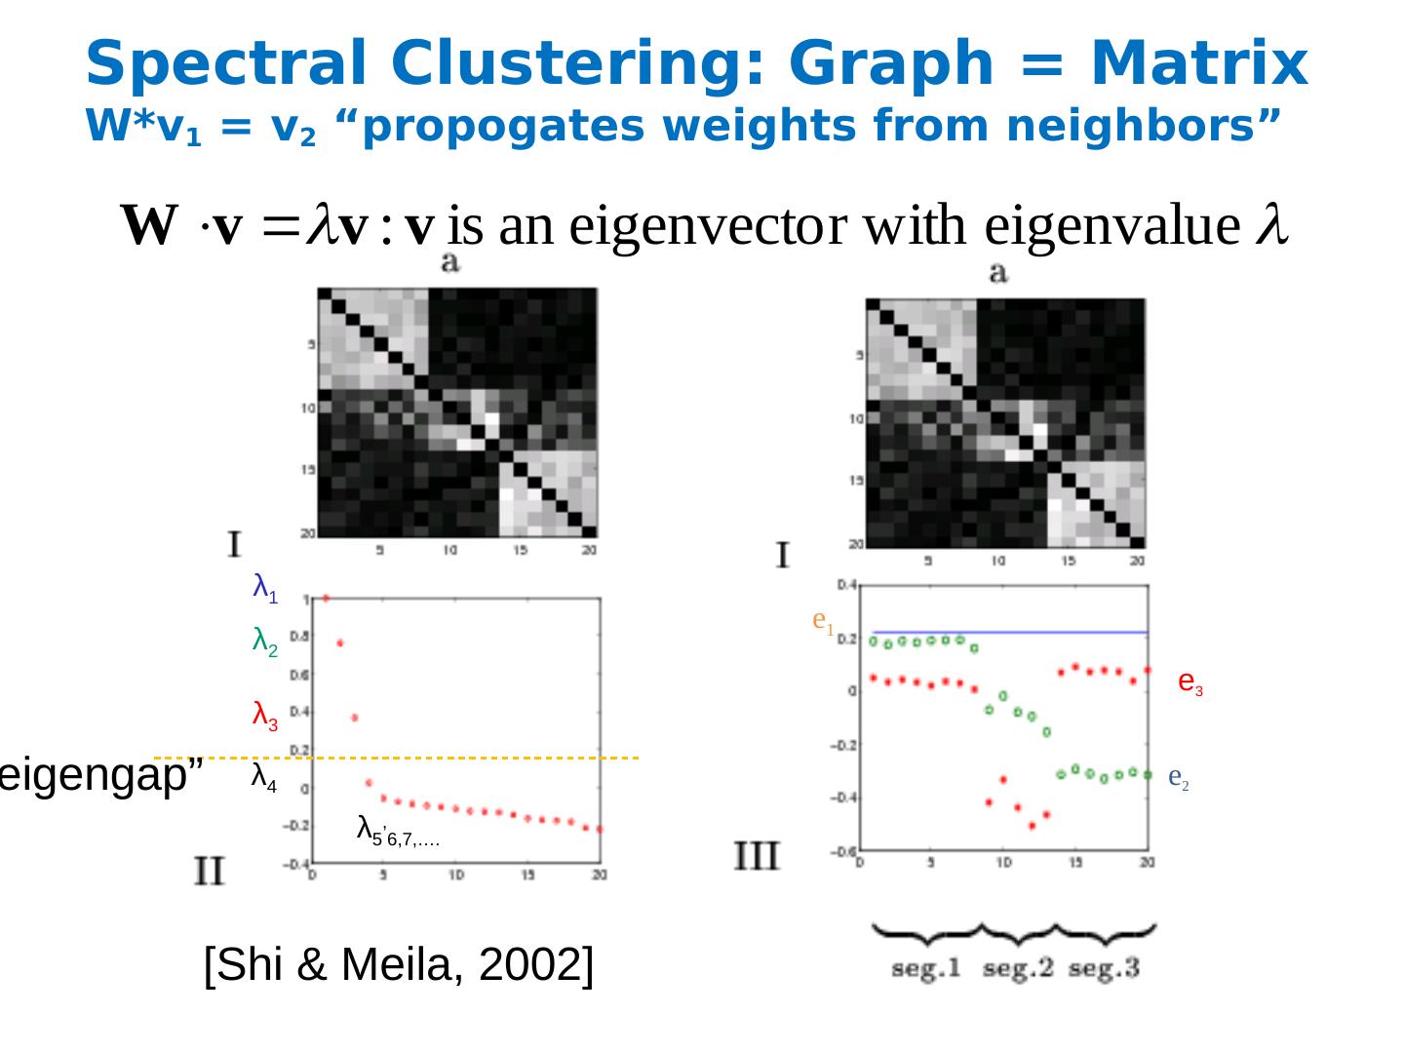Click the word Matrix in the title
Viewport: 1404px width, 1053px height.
point(1198,64)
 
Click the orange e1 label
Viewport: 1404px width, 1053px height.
point(823,621)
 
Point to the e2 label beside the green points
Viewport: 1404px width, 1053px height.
point(1178,778)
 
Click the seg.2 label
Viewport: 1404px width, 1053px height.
point(1018,969)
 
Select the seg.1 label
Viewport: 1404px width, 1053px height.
point(926,969)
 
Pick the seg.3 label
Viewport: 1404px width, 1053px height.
point(1104,969)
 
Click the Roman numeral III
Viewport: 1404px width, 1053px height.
point(757,857)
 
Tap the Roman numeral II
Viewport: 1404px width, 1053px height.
point(210,870)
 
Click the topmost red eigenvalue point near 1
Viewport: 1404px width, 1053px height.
point(326,598)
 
